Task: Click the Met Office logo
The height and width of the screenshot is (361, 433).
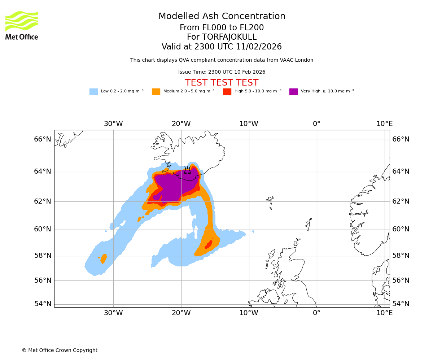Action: coord(22,25)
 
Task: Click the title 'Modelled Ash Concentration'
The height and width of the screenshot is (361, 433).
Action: coord(222,16)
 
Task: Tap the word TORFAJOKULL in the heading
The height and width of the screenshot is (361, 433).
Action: coord(229,37)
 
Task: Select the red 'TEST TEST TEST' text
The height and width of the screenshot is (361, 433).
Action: coord(222,83)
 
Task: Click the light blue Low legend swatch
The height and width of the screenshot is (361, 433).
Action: coord(93,91)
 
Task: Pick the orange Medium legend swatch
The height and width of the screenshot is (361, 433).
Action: coord(156,91)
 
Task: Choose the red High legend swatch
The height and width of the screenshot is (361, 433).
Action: coord(227,91)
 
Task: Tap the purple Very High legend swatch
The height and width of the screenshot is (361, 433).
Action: coord(293,91)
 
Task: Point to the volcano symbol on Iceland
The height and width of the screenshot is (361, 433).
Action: coord(187,170)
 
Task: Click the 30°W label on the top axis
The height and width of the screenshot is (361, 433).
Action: coord(113,124)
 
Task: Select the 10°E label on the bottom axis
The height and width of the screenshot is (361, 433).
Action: coord(384,313)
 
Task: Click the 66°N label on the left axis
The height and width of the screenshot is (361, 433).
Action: coord(43,139)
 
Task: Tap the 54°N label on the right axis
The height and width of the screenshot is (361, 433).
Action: coord(401,304)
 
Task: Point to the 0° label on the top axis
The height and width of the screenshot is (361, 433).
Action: coord(316,124)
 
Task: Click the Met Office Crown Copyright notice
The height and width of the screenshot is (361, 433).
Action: coord(60,350)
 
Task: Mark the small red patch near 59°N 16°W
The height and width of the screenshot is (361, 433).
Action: coord(209,245)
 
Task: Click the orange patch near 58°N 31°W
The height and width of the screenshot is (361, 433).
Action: coord(104,258)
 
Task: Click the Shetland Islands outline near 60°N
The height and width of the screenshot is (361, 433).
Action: coord(309,224)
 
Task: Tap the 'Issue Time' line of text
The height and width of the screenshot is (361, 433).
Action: coord(222,72)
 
